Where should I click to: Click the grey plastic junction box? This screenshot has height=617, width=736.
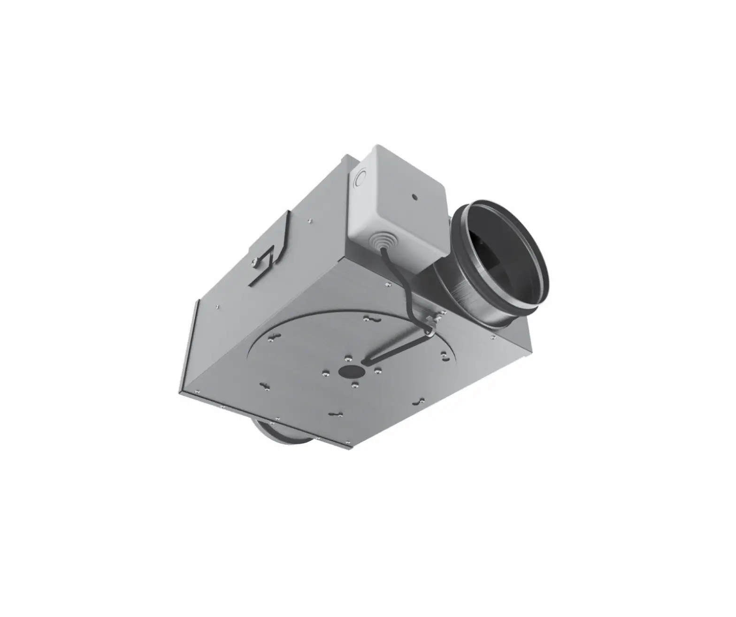(399, 207)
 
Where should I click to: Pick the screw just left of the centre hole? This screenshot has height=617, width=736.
(325, 374)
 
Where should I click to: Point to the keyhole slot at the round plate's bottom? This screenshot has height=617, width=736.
(337, 414)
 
